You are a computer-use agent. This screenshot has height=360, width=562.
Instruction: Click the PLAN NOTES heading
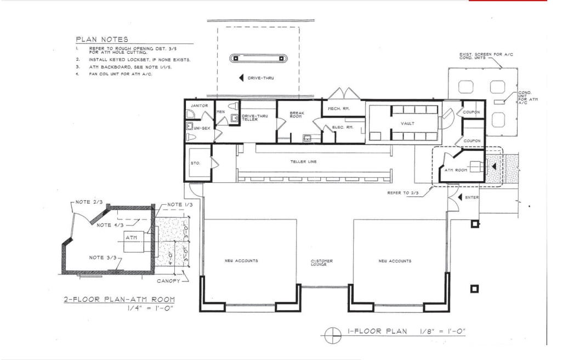pos(102,40)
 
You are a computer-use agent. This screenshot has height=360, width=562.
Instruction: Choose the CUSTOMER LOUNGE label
pos(322,263)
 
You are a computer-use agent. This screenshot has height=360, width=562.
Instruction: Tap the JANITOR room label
pos(198,105)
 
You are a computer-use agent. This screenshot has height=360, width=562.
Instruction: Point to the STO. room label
pos(196,163)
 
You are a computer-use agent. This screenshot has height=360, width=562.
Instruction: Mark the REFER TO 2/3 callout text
pos(402,193)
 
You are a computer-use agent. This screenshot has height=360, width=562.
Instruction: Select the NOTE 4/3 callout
pos(111,225)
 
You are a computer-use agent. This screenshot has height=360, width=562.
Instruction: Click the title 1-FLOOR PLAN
pos(378,331)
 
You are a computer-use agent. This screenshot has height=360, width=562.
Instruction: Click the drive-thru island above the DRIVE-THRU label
pos(258,58)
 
